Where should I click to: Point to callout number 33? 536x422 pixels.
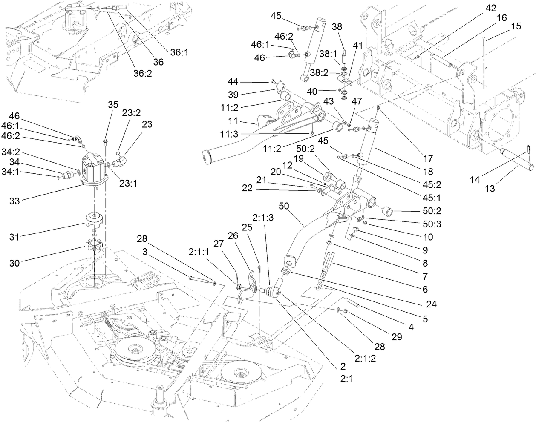pos(14,201)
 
